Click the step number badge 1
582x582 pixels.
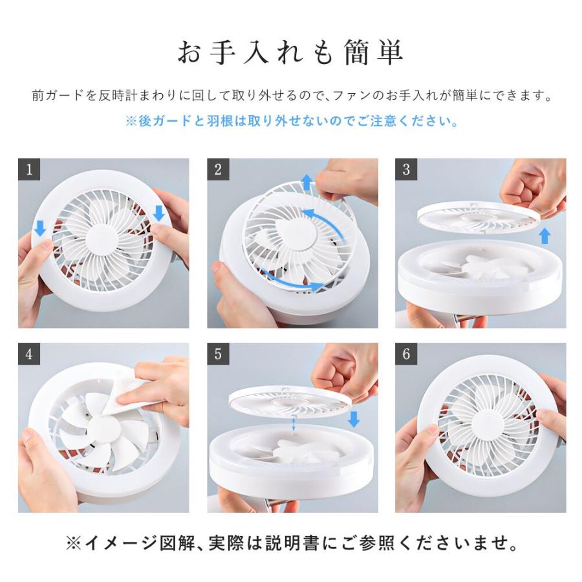tap(29, 169)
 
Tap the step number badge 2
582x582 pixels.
tap(218, 169)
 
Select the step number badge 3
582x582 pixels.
tap(406, 169)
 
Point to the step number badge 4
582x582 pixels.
tap(29, 354)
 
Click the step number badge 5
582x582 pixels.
tap(218, 354)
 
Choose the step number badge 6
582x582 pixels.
tap(406, 354)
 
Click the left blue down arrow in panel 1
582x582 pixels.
tap(40, 228)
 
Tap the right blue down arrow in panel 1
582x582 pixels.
tap(159, 213)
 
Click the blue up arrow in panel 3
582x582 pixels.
tap(544, 235)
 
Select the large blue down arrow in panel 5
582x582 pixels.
tap(354, 418)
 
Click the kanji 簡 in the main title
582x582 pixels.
tap(357, 52)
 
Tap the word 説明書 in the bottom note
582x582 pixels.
tap(292, 543)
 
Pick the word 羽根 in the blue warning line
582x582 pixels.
tap(220, 121)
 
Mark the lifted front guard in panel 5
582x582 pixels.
tap(290, 403)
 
